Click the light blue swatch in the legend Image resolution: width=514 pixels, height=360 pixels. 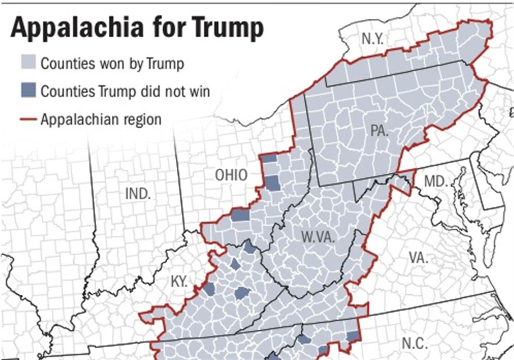pos(28,63)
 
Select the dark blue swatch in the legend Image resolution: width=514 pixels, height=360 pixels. pos(28,91)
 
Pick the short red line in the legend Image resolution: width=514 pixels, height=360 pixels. pos(28,119)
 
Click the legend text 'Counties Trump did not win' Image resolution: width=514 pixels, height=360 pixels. pos(125,91)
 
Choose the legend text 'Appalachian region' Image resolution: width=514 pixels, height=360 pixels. pos(101,119)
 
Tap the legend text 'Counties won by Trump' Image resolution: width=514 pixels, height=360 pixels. pos(112,63)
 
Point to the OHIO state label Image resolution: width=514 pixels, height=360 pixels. pos(231,175)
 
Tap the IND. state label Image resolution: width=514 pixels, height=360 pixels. pos(138,194)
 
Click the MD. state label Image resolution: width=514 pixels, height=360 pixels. pos(436,182)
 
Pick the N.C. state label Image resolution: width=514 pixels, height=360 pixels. pos(414,343)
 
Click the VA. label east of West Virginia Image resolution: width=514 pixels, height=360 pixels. pos(420,258)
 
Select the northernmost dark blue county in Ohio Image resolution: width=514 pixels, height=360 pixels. pos(269,158)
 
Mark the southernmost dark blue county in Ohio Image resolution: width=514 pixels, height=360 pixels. pos(240,215)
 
